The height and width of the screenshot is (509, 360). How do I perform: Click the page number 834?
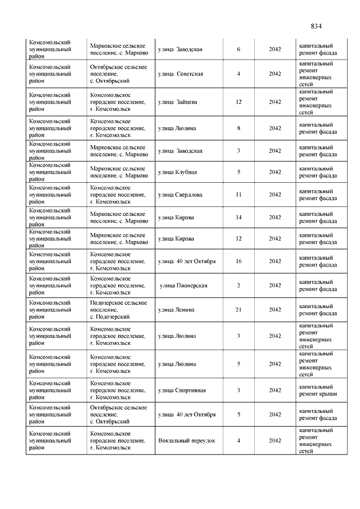tap(316, 26)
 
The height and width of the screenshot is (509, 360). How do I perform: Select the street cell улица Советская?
tap(181, 74)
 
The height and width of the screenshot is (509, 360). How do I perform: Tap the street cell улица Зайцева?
tap(177, 102)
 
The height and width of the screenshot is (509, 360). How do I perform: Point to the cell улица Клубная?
tap(177, 172)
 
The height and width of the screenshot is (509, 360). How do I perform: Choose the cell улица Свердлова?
tap(180, 195)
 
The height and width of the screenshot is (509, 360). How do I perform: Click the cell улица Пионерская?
tap(183, 285)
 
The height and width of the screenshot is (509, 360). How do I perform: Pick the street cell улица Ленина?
tap(177, 309)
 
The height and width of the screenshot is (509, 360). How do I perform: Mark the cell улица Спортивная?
tap(182, 390)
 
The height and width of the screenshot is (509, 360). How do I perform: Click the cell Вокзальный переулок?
tap(187, 440)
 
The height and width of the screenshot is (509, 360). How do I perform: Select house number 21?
tap(238, 309)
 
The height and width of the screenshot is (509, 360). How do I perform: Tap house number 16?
tap(238, 261)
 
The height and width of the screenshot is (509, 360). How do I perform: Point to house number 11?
tap(238, 195)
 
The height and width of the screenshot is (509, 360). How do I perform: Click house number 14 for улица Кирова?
tap(238, 217)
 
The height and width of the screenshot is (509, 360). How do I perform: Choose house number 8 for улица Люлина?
tap(238, 128)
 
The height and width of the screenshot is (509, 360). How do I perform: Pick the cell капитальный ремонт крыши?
tap(318, 390)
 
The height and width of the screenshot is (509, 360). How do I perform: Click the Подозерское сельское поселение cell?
tap(118, 309)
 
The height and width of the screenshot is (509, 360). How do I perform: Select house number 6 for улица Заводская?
tap(238, 49)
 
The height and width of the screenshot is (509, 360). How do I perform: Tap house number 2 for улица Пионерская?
tap(238, 285)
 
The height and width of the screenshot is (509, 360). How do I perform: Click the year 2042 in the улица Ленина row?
tap(274, 309)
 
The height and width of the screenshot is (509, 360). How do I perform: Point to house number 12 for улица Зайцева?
tap(238, 102)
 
